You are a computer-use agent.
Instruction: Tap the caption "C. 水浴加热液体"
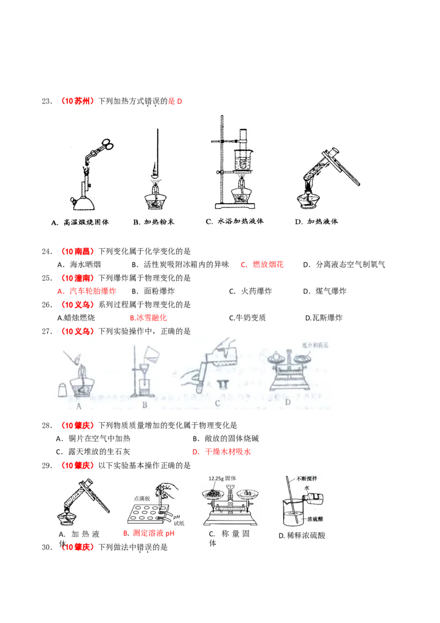(235, 222)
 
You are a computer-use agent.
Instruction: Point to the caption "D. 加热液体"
(316, 222)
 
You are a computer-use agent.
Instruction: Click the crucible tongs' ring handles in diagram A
(107, 145)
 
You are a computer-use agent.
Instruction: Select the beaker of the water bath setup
(243, 159)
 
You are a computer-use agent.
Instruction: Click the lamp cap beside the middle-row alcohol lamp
(63, 388)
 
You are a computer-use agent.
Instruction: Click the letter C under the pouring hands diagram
(218, 403)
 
